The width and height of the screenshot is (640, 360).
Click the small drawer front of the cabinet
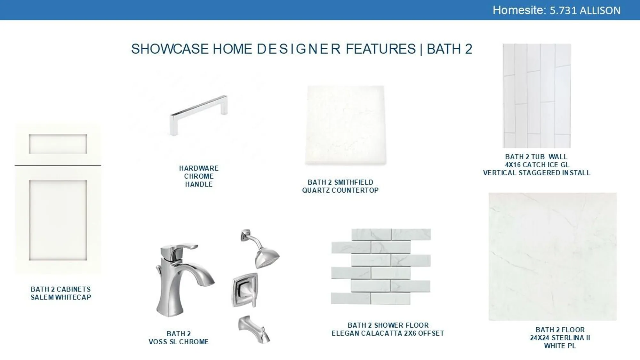58,144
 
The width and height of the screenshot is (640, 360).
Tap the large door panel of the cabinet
58,220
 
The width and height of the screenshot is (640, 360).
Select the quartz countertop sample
346,125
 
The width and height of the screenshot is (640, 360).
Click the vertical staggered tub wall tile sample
537,96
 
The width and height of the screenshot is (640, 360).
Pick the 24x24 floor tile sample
553,256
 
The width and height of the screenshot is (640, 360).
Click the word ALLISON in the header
600,11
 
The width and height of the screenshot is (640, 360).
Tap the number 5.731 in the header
563,11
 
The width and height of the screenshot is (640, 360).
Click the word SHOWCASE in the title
170,49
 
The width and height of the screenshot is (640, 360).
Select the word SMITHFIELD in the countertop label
354,182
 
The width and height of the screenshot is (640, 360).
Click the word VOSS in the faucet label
158,342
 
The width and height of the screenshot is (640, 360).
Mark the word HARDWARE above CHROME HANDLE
199,168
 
